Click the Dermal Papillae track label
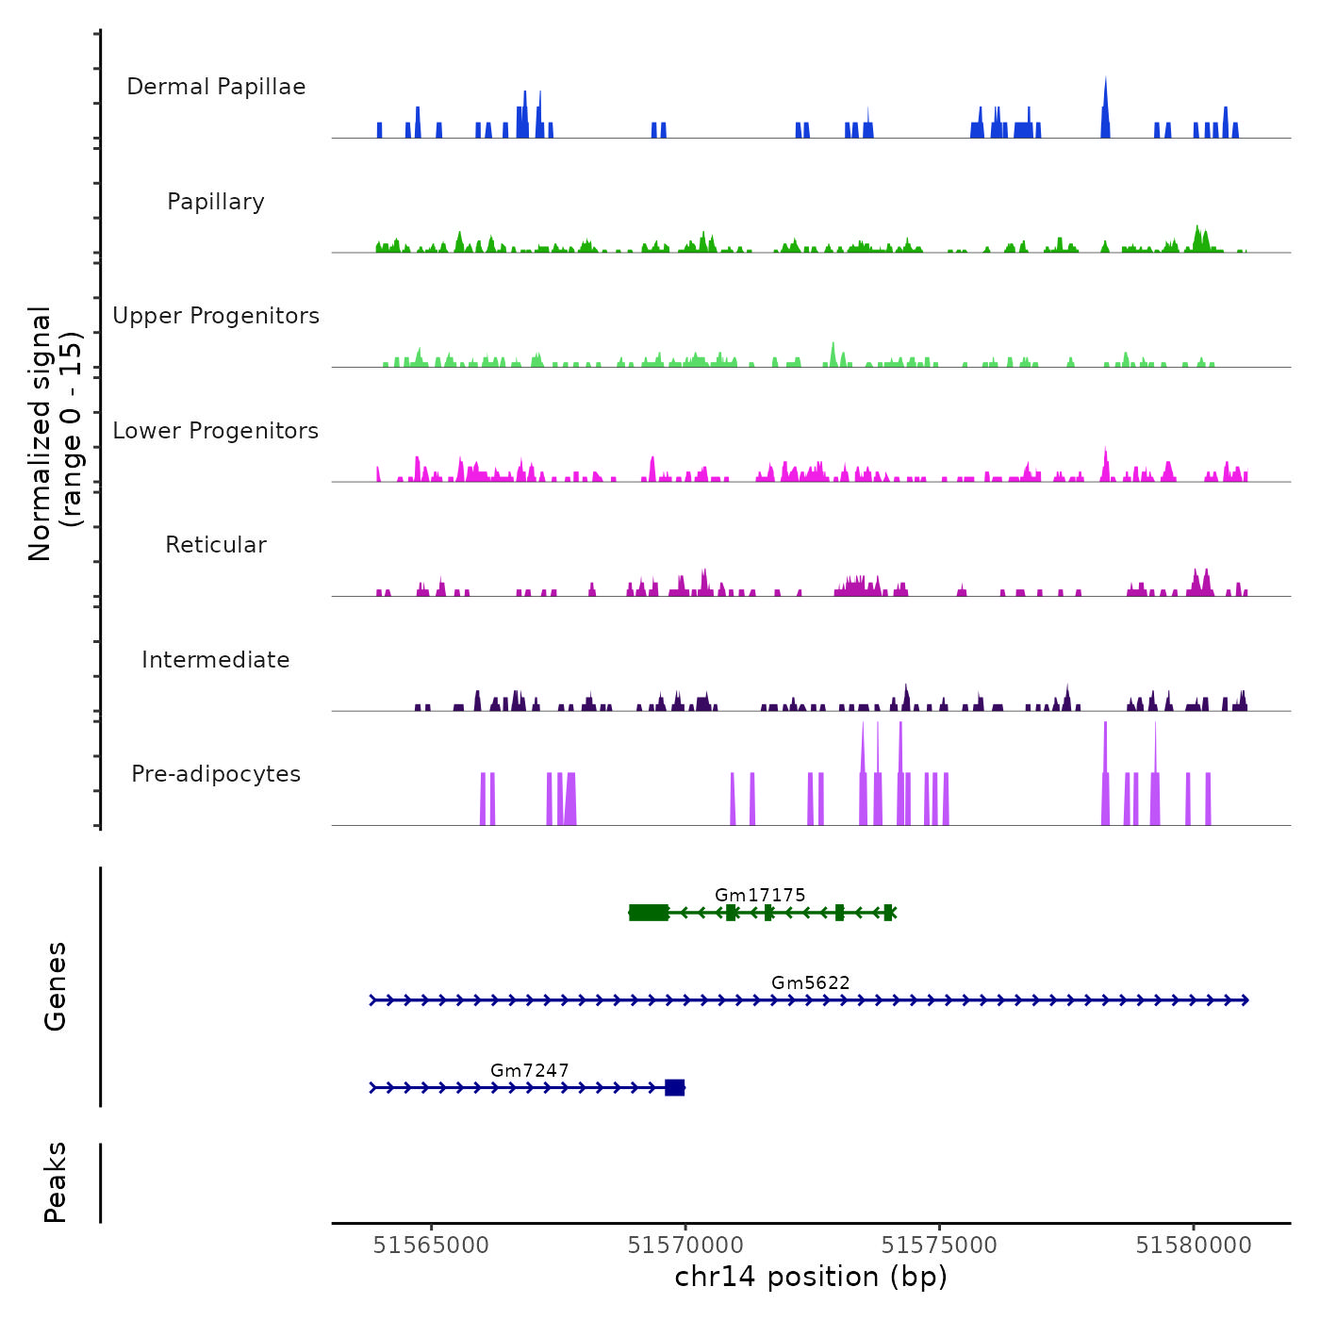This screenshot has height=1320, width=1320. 216,87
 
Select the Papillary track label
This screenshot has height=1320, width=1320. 216,202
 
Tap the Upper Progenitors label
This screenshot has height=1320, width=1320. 216,316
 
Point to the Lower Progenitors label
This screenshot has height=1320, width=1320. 216,431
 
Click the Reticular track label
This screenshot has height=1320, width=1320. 216,545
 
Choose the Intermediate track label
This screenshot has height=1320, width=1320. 216,660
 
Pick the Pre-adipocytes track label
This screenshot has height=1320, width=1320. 216,774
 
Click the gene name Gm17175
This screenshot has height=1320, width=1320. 760,895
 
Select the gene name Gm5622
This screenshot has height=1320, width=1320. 811,982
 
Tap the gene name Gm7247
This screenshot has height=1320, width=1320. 530,1070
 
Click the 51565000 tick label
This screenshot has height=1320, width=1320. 431,1246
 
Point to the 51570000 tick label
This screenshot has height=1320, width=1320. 685,1246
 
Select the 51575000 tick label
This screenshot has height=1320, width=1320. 939,1246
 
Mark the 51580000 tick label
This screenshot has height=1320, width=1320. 1194,1246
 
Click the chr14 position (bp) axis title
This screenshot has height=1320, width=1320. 811,1277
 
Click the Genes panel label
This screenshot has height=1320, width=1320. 56,986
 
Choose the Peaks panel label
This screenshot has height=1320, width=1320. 56,1182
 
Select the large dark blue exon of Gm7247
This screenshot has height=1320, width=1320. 674,1088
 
